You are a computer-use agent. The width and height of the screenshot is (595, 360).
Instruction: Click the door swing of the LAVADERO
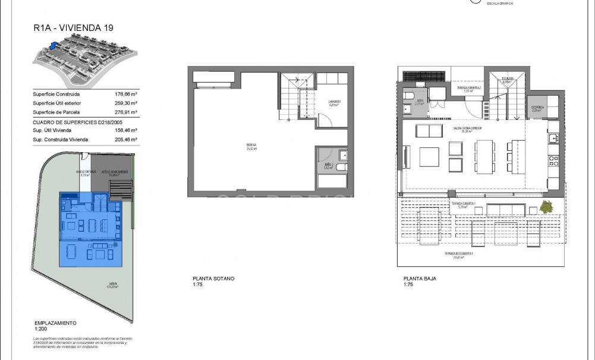click(326, 121)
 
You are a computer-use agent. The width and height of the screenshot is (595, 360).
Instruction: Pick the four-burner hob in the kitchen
click(553, 160)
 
